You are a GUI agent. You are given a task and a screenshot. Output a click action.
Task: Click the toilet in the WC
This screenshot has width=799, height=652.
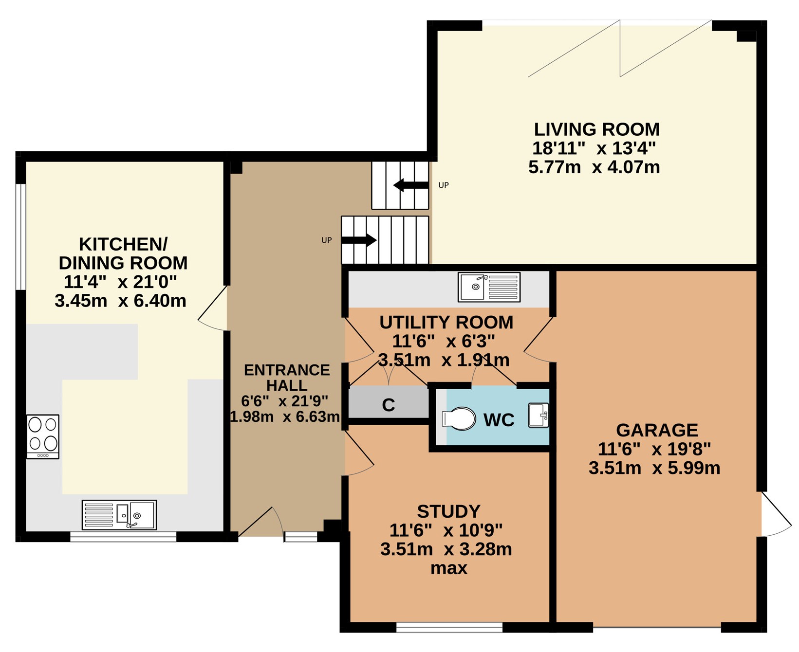[x=459, y=418]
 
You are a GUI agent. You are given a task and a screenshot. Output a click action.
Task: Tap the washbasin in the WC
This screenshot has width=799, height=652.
[x=539, y=416]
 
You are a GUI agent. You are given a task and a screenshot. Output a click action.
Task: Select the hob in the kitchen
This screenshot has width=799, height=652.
[x=43, y=436]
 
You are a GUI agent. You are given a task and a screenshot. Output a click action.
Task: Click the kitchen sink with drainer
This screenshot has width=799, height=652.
[x=119, y=515]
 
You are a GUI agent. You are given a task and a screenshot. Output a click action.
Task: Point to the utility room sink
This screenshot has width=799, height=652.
[x=489, y=287]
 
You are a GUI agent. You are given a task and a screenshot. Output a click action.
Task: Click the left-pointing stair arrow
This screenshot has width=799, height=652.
[x=411, y=185]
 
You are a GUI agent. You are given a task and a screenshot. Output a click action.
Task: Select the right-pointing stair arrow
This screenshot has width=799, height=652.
[x=359, y=240]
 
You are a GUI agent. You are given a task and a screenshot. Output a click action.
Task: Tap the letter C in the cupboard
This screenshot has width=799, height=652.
[x=389, y=405]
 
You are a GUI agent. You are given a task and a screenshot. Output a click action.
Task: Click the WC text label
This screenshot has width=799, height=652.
[x=499, y=420]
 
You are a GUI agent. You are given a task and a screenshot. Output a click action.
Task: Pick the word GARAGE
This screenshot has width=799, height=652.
[x=657, y=430]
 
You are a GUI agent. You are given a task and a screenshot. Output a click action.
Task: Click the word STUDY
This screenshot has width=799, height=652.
[x=448, y=511]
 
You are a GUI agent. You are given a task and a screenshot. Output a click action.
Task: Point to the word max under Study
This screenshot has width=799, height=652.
[x=448, y=568]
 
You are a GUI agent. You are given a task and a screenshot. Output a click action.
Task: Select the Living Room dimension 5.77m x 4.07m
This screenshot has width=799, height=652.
[x=594, y=167]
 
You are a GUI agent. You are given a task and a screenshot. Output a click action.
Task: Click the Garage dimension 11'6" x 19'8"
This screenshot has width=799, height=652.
[x=654, y=449]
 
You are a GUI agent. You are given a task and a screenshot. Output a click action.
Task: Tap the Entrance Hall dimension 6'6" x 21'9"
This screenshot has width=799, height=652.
[x=285, y=401]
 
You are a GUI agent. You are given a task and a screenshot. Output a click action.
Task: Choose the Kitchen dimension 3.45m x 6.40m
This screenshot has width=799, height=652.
[x=120, y=301]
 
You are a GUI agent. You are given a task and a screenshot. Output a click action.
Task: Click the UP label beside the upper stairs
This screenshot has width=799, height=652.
[x=444, y=185]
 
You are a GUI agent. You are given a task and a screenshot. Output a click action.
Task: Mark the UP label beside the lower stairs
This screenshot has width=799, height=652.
[x=326, y=240]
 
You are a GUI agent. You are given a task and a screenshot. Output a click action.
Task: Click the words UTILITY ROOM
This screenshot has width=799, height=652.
[x=446, y=322]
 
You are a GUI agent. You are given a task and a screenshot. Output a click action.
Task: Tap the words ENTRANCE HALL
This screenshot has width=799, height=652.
[x=287, y=378]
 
